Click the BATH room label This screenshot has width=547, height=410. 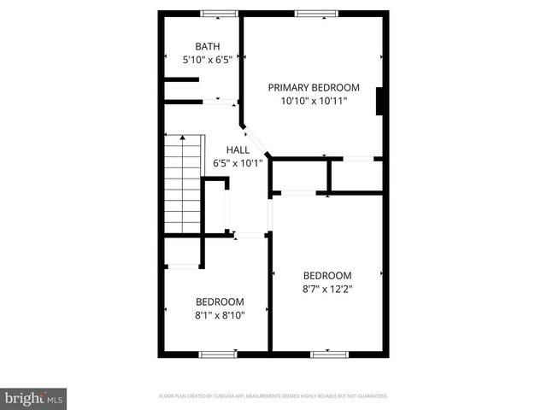click(207, 47)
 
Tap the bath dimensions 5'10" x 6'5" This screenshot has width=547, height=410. click(207, 61)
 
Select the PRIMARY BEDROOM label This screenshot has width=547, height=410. click(314, 87)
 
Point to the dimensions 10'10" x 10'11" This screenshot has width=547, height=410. click(314, 101)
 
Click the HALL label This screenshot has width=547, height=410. click(238, 149)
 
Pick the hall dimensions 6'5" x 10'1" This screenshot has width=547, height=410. click(238, 163)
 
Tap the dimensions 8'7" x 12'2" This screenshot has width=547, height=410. click(328, 289)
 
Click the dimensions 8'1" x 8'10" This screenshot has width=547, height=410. click(220, 315)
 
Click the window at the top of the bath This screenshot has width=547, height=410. click(219, 13)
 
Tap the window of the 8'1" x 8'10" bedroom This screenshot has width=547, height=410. click(217, 354)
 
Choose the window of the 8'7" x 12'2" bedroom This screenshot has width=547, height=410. click(329, 354)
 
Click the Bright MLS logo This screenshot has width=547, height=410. click(34, 399)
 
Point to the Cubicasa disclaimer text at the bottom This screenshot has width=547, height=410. click(273, 396)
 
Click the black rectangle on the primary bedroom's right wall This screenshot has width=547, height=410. click(381, 100)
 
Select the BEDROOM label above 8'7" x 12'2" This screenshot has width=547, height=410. click(328, 275)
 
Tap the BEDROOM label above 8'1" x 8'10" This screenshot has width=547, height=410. click(220, 302)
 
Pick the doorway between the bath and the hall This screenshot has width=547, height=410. click(221, 103)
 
